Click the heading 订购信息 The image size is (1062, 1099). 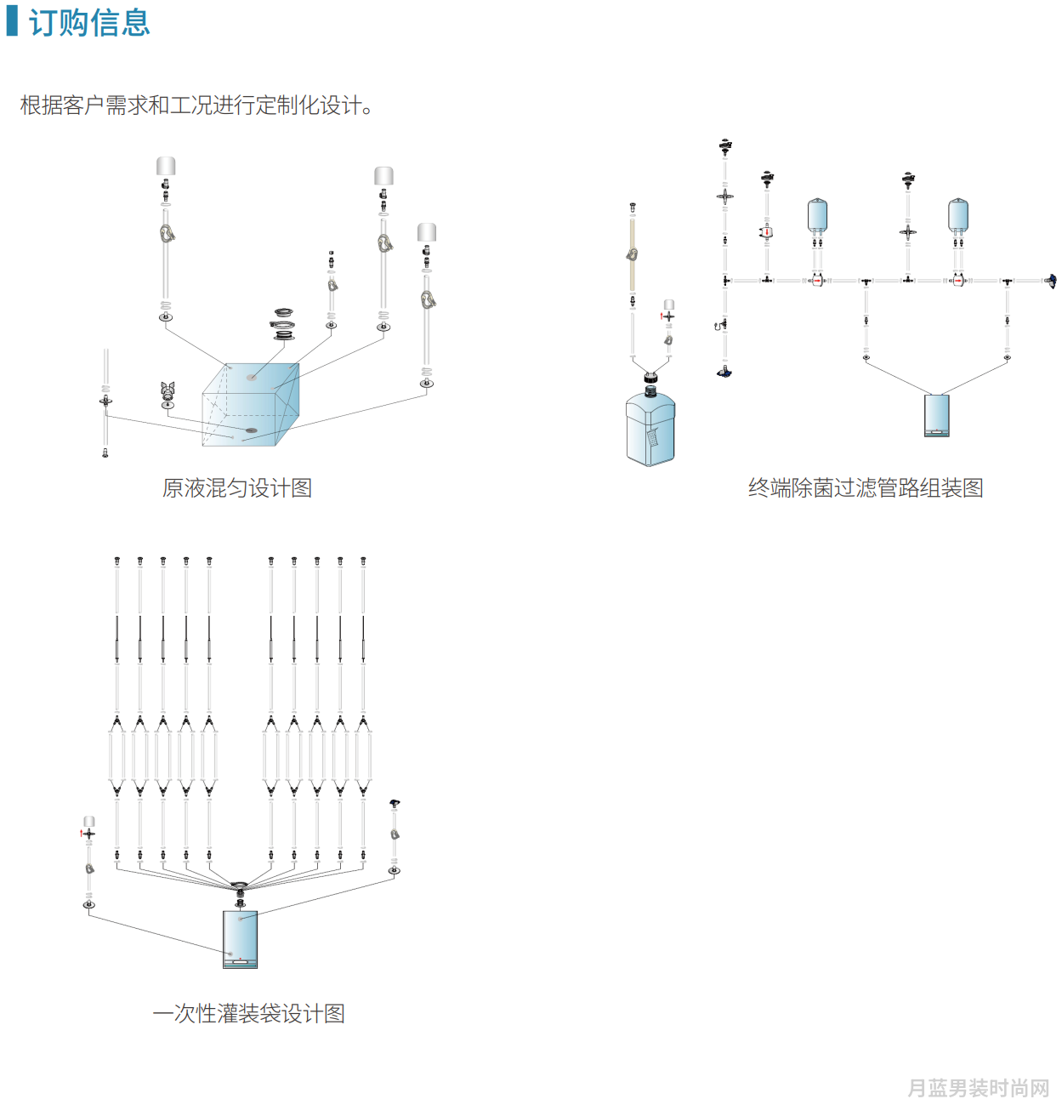(x=89, y=22)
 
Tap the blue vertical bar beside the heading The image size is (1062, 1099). (x=12, y=21)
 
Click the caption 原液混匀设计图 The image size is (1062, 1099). (x=237, y=488)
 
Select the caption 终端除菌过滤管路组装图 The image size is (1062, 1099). (x=866, y=488)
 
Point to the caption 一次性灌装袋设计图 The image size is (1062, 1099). (x=248, y=1013)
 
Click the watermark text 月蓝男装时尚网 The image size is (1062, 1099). (x=978, y=1087)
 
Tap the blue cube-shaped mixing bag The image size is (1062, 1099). (x=251, y=404)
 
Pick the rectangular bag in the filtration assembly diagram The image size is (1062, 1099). (x=936, y=416)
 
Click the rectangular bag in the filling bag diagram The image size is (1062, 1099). (x=240, y=939)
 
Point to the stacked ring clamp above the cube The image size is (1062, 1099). (x=283, y=325)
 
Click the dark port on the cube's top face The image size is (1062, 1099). (x=251, y=377)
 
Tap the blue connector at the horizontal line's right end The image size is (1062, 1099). (x=1052, y=281)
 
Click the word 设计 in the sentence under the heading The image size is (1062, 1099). (x=332, y=105)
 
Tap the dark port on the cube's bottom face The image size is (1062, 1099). (x=251, y=430)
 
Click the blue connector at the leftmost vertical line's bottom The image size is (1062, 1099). (x=724, y=373)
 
